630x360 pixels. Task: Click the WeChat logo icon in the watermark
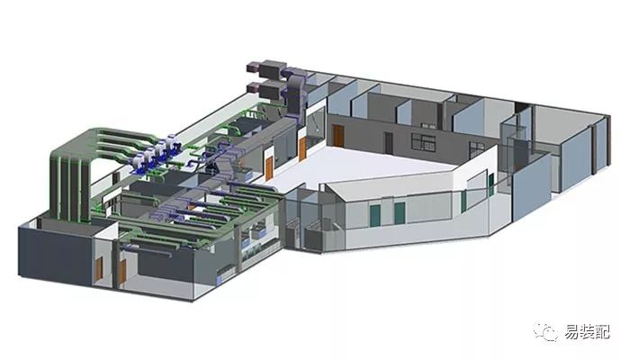click(545, 331)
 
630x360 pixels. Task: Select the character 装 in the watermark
click(588, 331)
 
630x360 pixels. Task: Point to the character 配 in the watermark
click(603, 331)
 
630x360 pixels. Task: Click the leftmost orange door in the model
click(99, 268)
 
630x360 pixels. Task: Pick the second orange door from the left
click(122, 271)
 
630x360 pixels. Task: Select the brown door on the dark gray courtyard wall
click(338, 136)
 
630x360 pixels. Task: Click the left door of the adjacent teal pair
click(374, 215)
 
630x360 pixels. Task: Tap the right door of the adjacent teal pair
click(400, 213)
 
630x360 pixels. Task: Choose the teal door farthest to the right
click(491, 184)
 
